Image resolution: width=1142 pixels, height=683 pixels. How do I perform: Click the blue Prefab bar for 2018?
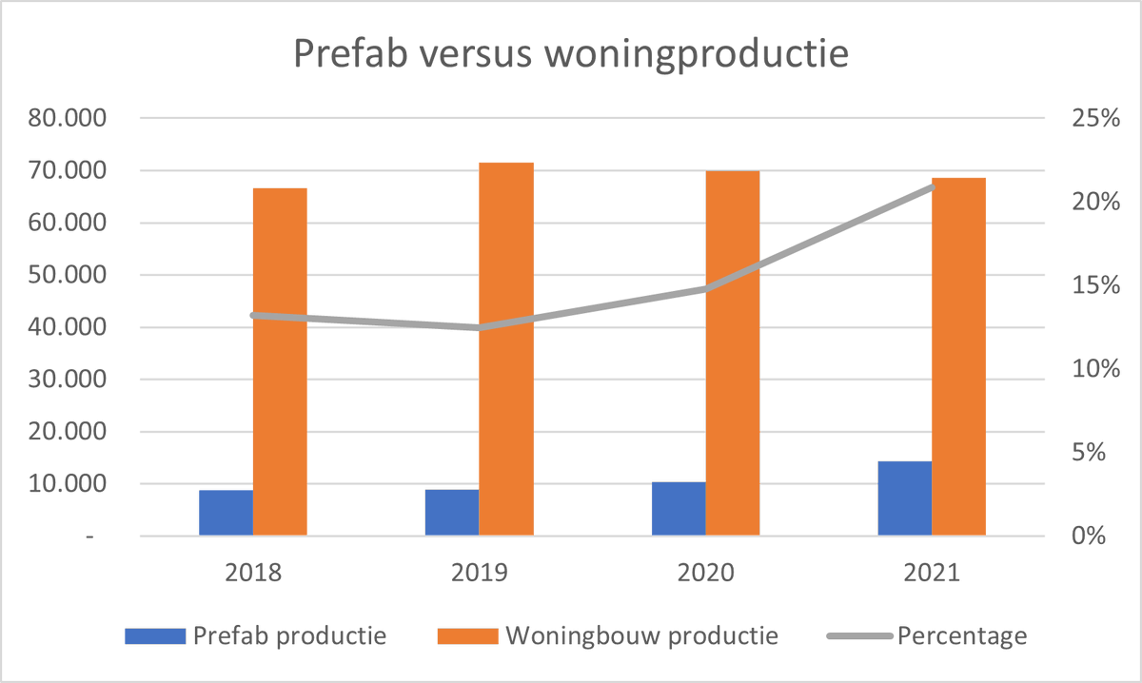226,513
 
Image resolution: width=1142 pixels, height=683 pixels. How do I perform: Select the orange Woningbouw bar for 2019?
505,349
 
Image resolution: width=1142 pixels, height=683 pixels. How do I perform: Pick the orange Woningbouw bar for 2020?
732,353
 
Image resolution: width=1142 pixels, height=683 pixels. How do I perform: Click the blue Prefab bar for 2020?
679,509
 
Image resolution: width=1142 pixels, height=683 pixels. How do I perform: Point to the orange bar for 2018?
280,361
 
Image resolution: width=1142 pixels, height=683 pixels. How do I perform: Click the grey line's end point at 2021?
933,187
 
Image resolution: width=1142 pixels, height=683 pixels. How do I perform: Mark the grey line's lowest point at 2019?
479,327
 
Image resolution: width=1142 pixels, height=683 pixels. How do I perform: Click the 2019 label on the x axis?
479,574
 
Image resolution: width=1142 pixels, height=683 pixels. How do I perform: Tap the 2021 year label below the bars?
932,574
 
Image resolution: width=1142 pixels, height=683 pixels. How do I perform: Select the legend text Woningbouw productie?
643,635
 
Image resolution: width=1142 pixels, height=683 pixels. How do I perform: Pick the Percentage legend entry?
962,635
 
